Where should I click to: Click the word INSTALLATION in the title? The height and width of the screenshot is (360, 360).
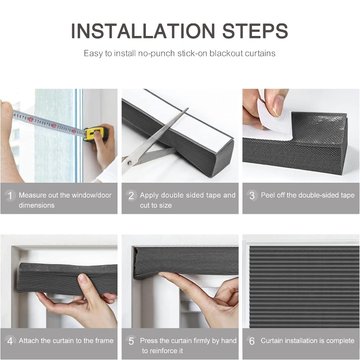[x=143, y=31]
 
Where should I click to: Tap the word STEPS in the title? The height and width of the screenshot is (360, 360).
[x=255, y=31]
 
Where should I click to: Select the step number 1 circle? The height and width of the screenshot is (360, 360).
[x=10, y=196]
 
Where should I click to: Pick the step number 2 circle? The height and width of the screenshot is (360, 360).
[x=131, y=196]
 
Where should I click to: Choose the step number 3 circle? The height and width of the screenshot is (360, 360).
[x=252, y=196]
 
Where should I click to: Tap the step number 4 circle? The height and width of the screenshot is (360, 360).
[x=10, y=341]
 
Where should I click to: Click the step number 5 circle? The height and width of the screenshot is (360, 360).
[x=131, y=341]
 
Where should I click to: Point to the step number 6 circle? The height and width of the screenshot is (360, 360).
[x=252, y=341]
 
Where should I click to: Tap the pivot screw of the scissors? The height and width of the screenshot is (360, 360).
[x=130, y=163]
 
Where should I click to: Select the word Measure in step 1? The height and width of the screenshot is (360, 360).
[x=32, y=195]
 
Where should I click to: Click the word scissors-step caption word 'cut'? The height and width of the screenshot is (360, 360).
[x=145, y=205]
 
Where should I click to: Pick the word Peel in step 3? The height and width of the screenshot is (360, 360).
[x=268, y=195]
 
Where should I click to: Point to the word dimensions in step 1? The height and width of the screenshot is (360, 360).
[x=37, y=205]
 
